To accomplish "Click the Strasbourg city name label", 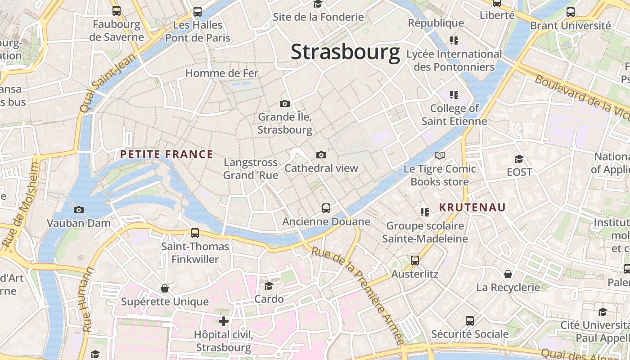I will [x=345, y=52].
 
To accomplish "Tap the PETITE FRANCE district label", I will [x=166, y=154].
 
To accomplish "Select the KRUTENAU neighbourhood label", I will [x=472, y=207].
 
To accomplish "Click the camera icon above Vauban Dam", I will [x=79, y=210].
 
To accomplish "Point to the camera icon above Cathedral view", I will [x=321, y=155].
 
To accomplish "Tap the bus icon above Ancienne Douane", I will [x=326, y=208].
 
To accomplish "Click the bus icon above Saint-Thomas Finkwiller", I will [x=195, y=233].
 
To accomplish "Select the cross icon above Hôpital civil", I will [x=223, y=321].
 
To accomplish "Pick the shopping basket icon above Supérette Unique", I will [x=165, y=288].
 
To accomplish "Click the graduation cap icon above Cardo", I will [x=269, y=285].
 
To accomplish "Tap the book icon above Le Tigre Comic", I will [x=440, y=156].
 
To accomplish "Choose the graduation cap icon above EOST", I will [x=519, y=159].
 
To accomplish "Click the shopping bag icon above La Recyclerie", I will [x=508, y=274].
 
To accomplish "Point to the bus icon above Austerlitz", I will [x=415, y=260].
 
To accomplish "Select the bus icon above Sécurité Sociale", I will [x=470, y=320].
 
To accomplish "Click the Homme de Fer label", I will [x=221, y=73].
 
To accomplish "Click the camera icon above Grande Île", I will [x=284, y=104].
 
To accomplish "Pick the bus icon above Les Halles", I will [x=198, y=12].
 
